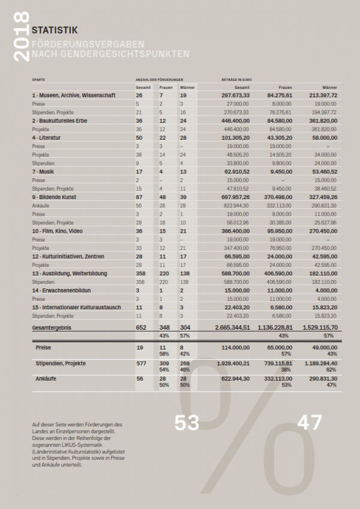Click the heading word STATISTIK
point(55,28)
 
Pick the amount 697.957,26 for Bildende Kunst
point(235,197)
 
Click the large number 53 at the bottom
point(187,423)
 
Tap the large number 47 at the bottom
point(310,423)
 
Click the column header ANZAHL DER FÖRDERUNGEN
point(159,79)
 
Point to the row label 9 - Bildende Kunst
point(55,197)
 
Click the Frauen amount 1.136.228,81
point(275,327)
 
